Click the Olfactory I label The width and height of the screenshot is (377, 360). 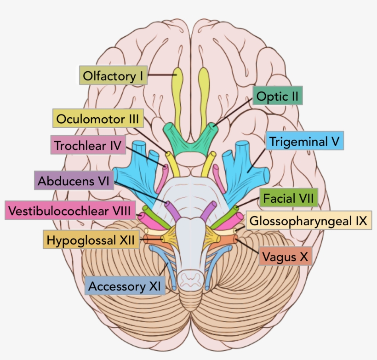coord(113,75)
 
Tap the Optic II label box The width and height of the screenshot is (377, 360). coord(278,97)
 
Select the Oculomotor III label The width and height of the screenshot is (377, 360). coord(97,119)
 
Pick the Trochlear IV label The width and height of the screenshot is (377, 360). coord(87,146)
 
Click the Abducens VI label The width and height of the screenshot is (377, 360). coord(74,180)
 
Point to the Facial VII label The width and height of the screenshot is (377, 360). coord(288,199)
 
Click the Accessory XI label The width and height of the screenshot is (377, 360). coord(124,286)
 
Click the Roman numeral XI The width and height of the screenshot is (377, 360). coord(154,286)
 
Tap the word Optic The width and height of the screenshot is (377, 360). coord(271,97)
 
